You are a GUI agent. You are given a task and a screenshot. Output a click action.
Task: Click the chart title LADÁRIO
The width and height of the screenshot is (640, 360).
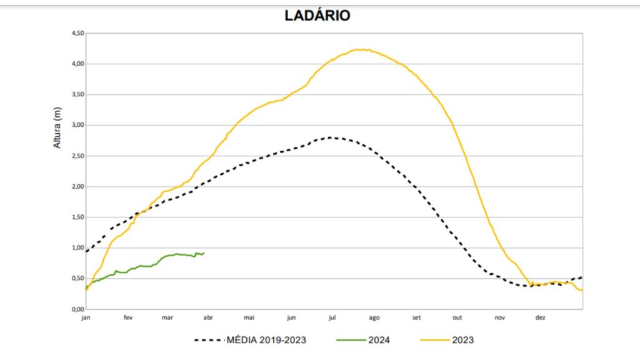click(x=317, y=16)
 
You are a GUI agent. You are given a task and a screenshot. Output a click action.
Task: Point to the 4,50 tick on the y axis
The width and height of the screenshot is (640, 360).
click(x=75, y=33)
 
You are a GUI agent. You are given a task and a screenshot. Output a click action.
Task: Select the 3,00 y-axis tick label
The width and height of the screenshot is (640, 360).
click(x=75, y=125)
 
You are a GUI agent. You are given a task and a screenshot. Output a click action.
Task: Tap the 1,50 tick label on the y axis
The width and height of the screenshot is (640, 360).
click(x=75, y=217)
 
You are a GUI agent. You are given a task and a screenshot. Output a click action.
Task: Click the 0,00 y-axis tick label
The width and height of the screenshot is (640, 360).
click(x=75, y=309)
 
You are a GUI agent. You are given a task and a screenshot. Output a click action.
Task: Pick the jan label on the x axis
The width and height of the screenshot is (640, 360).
click(x=86, y=318)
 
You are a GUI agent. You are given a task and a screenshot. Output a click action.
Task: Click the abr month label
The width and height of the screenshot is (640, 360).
click(x=208, y=318)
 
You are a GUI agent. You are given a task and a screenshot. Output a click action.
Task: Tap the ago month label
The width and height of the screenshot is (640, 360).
click(x=374, y=318)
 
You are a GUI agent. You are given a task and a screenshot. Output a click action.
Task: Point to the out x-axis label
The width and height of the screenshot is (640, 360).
click(x=457, y=318)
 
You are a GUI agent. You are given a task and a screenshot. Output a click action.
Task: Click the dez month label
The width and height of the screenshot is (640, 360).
click(x=540, y=318)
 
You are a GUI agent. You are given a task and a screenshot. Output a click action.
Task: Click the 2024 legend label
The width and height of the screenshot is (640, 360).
click(x=381, y=340)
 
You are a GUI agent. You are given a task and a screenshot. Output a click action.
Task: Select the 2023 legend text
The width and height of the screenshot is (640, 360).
click(x=463, y=340)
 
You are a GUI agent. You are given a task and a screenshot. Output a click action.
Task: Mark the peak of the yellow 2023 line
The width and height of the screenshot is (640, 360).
click(x=361, y=49)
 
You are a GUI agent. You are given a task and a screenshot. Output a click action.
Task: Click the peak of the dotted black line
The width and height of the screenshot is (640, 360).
click(x=330, y=137)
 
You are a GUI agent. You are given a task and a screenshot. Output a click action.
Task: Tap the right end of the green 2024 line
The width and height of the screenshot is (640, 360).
click(x=204, y=252)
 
